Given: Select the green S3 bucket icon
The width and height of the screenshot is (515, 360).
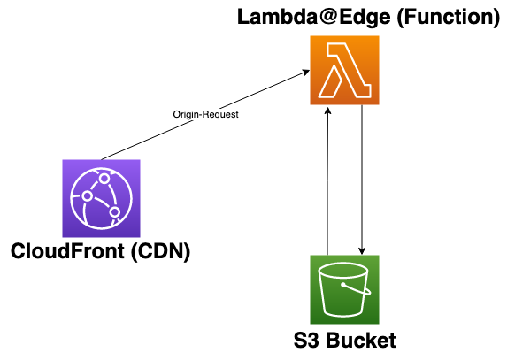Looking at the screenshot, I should coord(345,289).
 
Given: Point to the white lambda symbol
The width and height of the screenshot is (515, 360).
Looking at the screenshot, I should coord(345,72).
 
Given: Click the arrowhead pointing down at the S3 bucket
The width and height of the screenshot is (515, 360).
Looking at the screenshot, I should coord(362,249).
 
